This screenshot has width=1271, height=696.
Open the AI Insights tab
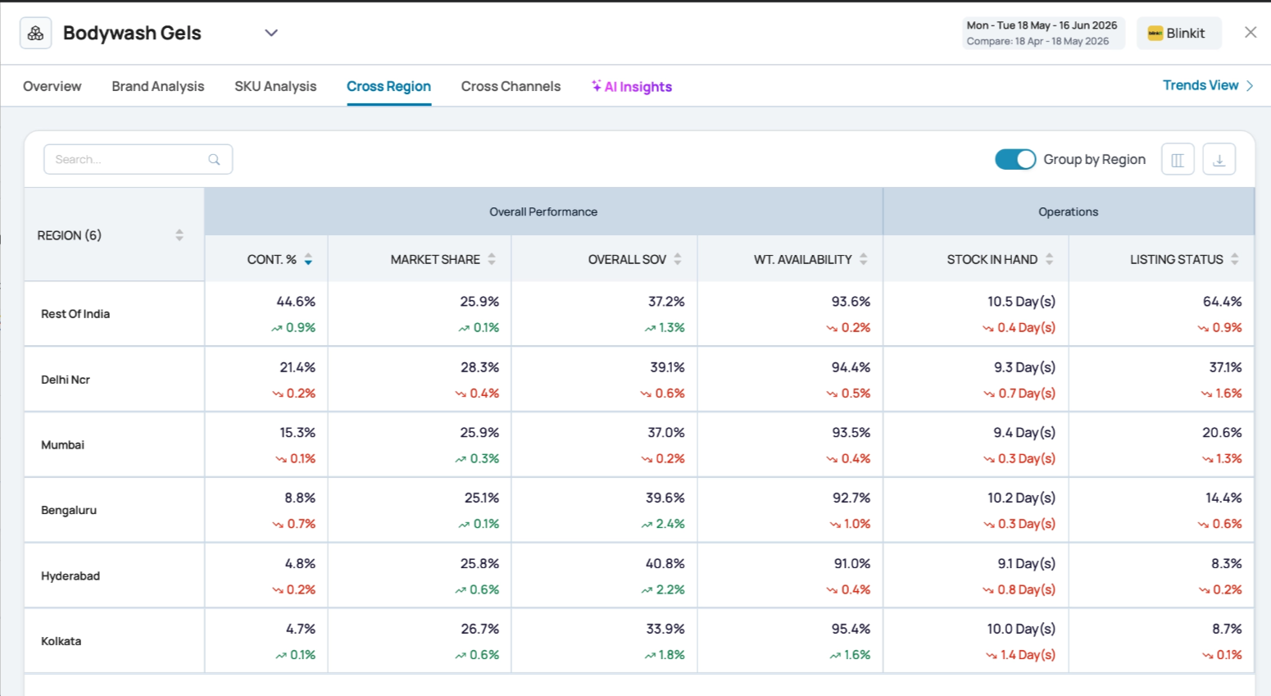[x=632, y=86]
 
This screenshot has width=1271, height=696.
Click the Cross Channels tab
[x=511, y=86]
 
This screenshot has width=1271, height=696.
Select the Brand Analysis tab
[x=157, y=86]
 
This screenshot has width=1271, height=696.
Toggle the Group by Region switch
[x=1015, y=160]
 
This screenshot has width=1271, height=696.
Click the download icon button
[x=1219, y=160]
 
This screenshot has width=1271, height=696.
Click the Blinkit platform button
[x=1178, y=34]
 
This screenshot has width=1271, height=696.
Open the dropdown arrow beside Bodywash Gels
[x=271, y=33]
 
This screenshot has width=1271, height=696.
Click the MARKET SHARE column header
[x=435, y=259]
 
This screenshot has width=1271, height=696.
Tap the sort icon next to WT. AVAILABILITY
[x=863, y=259]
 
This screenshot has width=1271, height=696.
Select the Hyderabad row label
[x=70, y=575]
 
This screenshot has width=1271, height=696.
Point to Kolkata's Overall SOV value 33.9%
[x=665, y=629]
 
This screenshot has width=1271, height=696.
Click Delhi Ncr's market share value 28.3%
[x=479, y=367]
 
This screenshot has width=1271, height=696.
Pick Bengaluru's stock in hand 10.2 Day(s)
[x=1021, y=498]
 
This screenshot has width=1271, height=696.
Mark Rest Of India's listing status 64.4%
[x=1222, y=302]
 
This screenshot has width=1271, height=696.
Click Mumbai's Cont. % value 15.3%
[x=297, y=433]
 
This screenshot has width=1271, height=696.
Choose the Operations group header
[x=1068, y=212]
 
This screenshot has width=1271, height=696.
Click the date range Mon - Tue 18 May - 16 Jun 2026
[x=1042, y=25]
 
